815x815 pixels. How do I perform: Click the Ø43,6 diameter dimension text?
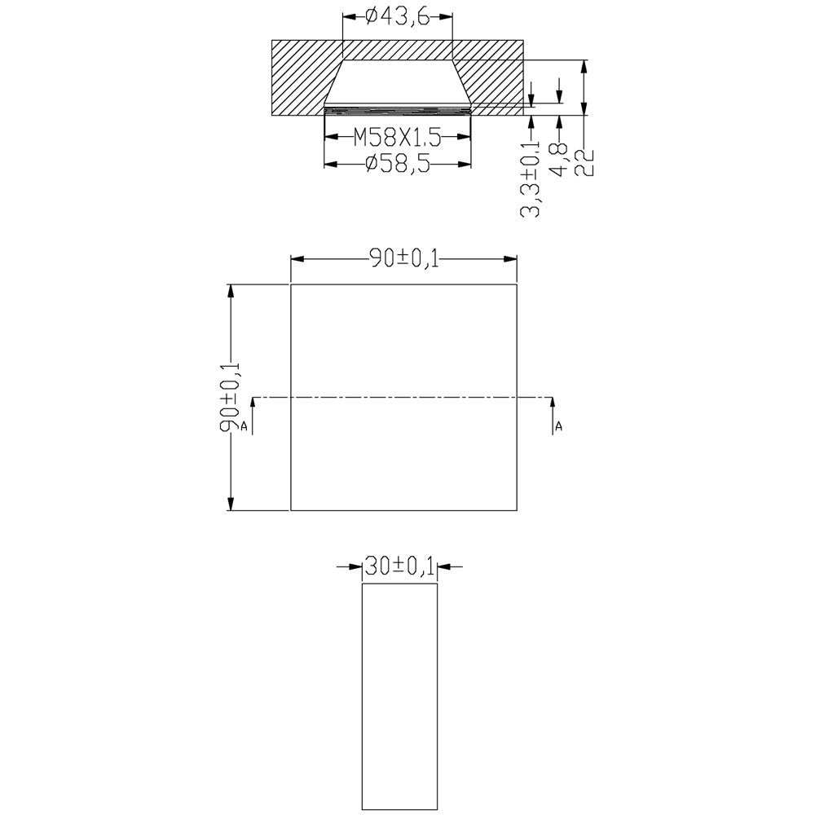click(397, 16)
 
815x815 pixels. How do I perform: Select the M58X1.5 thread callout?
click(397, 139)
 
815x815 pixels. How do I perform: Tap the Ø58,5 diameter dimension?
click(398, 165)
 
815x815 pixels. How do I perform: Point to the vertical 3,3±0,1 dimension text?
click(531, 179)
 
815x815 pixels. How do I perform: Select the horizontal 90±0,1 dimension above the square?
click(404, 259)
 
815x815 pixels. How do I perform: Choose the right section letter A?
click(559, 426)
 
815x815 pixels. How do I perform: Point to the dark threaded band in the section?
click(398, 106)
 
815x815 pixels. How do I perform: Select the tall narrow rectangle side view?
click(399, 697)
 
